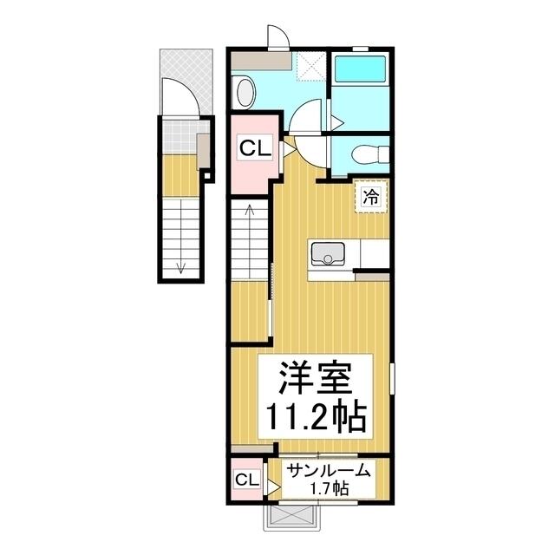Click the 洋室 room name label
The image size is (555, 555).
316,378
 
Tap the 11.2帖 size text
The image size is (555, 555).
316,416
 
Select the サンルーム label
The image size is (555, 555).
329,471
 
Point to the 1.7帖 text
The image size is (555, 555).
330,489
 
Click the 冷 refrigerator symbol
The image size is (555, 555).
371,197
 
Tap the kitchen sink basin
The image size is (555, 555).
328,253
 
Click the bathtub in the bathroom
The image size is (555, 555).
360,69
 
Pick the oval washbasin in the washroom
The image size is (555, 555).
245,93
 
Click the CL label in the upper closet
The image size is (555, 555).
255,148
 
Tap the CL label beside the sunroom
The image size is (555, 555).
247,480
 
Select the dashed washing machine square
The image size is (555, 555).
310,67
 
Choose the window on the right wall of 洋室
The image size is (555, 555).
392,378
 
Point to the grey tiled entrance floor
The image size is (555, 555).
180,137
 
